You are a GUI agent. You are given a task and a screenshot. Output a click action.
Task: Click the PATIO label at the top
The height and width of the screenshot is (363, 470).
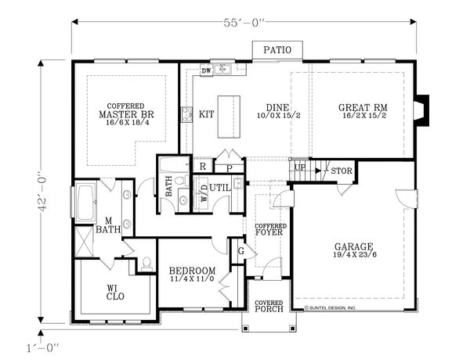[277, 50]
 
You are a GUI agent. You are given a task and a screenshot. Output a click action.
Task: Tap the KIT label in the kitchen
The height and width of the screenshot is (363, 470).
[207, 113]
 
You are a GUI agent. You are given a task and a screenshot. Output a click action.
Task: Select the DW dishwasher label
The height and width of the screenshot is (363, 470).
[206, 72]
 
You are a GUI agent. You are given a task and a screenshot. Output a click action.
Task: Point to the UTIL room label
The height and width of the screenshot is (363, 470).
[221, 188]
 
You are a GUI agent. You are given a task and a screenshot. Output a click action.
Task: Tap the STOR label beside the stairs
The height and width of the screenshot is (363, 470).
[340, 171]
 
